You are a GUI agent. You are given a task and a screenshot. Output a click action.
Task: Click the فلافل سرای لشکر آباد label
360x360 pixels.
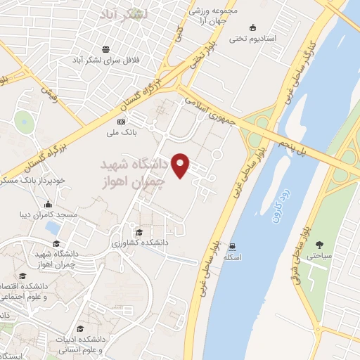pos(106,60)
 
